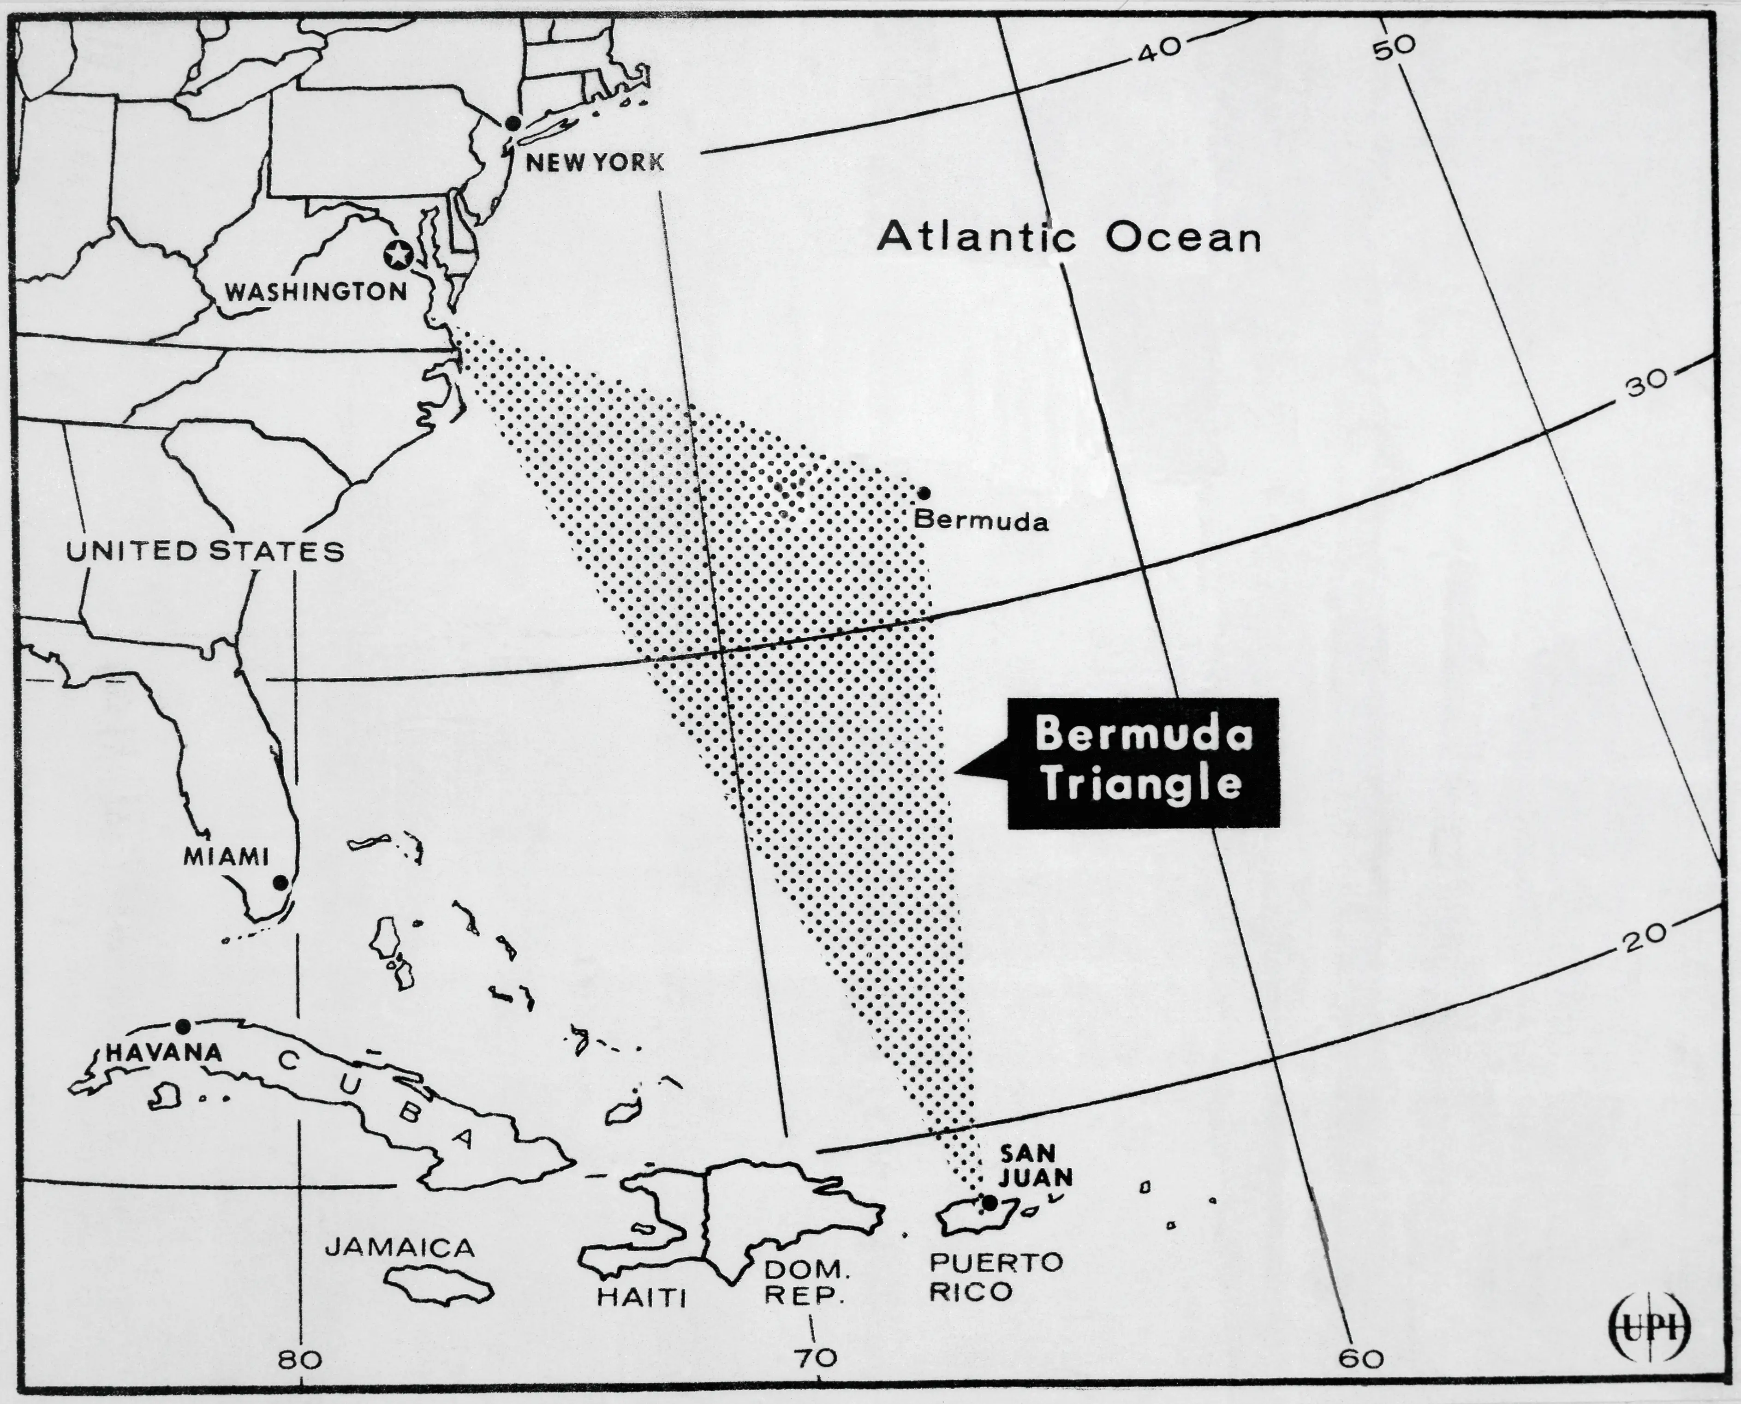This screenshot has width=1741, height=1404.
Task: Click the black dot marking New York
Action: tap(512, 123)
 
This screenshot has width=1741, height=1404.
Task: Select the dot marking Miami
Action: tap(280, 882)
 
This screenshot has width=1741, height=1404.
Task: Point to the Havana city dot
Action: tap(184, 1026)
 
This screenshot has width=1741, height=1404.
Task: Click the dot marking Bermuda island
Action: tap(924, 493)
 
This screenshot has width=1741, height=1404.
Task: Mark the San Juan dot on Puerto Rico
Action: tap(988, 1203)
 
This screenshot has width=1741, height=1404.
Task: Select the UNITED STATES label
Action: tap(204, 551)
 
